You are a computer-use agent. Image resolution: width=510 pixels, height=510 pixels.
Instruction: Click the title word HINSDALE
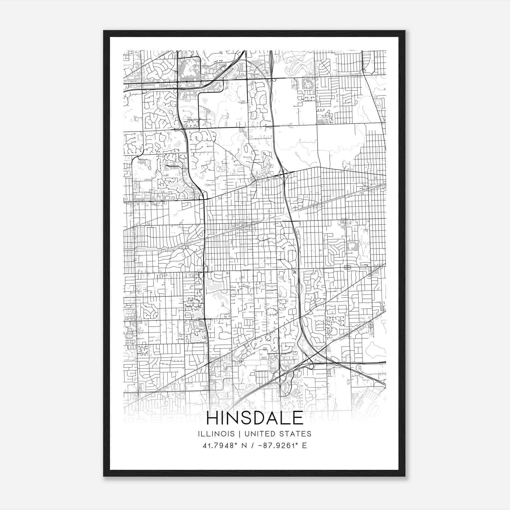click(255, 418)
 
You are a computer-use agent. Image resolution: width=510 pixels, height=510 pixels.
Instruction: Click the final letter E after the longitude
click(305, 446)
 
